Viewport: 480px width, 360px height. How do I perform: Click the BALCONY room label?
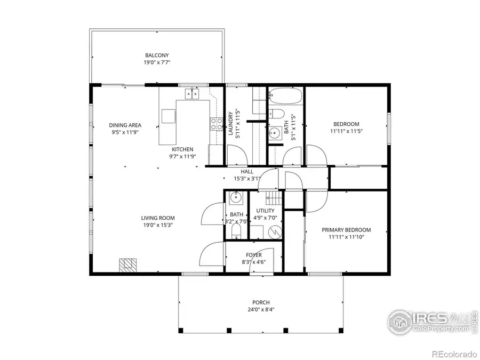point(157,55)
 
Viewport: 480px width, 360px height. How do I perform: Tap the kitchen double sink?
point(192,94)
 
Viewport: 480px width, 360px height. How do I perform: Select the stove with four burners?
point(217,124)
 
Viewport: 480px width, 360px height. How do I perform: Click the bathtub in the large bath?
point(285,97)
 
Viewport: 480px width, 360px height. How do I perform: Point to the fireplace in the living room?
point(127,265)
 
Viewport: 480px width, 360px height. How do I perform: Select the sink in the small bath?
point(236,198)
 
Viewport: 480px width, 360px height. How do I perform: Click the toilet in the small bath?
point(236,231)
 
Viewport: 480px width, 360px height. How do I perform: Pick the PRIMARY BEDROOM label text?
point(346,230)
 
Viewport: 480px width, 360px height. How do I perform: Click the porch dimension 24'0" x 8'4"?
point(261,309)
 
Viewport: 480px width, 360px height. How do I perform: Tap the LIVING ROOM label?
point(157,218)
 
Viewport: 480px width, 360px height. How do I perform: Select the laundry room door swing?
point(236,155)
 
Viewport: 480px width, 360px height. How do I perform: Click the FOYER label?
point(253,255)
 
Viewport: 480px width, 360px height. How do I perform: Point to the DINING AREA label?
point(125,125)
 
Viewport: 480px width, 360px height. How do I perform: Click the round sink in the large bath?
point(275,133)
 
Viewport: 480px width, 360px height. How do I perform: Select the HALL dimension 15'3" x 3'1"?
point(247,179)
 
